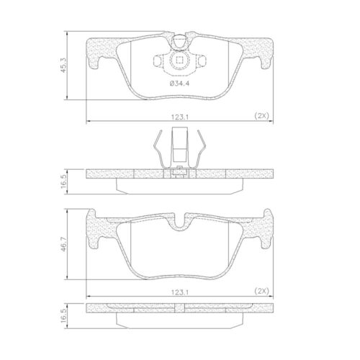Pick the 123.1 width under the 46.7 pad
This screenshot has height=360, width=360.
pos(179,292)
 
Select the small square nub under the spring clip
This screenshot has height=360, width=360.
pos(180,172)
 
